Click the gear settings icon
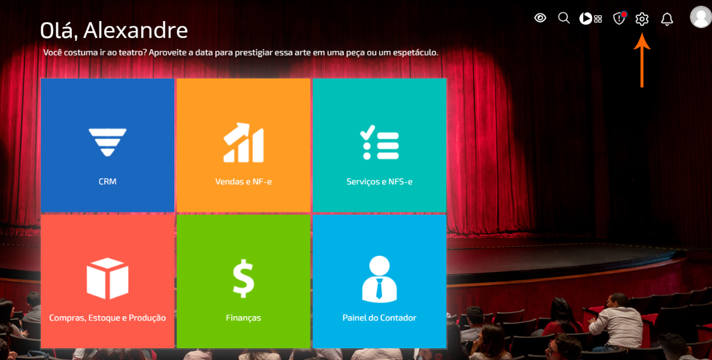pyautogui.click(x=642, y=19)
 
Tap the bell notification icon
pyautogui.click(x=667, y=19)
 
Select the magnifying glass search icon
pyautogui.click(x=563, y=18)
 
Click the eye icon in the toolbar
pyautogui.click(x=541, y=18)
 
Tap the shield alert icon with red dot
pyautogui.click(x=619, y=19)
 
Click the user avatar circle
pyautogui.click(x=701, y=17)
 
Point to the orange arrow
pyautogui.click(x=642, y=61)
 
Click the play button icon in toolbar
pyautogui.click(x=586, y=19)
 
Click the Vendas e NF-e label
pyautogui.click(x=243, y=181)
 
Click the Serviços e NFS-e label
pyautogui.click(x=379, y=181)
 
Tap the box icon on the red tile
pyautogui.click(x=108, y=278)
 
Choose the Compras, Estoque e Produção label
pyautogui.click(x=108, y=318)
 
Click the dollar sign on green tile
pyautogui.click(x=243, y=278)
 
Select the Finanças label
pyautogui.click(x=243, y=318)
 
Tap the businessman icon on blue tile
pyautogui.click(x=379, y=278)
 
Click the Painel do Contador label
pyautogui.click(x=379, y=318)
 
